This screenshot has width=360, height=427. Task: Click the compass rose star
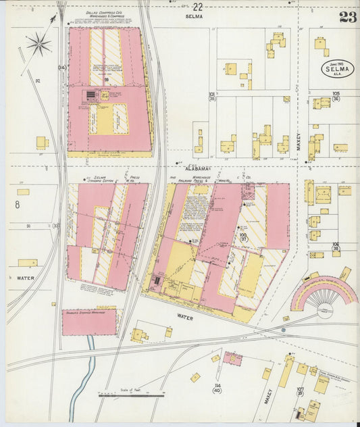coord(39,45)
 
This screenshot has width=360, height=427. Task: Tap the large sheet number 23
coord(348,17)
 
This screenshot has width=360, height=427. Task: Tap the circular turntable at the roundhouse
coord(325,309)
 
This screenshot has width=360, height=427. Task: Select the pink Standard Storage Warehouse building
coord(88,322)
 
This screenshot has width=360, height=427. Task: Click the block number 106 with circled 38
coord(336,247)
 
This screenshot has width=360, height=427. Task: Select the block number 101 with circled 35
coord(211,97)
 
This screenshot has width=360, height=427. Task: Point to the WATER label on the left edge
coord(25,278)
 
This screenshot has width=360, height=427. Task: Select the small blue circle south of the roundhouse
coord(284,330)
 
